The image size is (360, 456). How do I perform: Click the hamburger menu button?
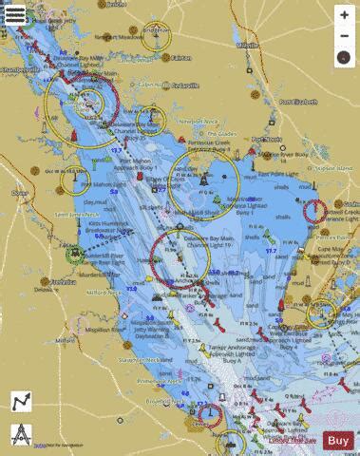point(15,15)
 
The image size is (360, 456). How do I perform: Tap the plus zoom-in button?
point(343,15)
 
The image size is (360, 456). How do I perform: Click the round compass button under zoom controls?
point(343,57)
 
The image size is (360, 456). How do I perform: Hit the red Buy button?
point(338,440)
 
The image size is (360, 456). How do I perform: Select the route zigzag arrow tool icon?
point(21,403)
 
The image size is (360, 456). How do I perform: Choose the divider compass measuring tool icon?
point(21,435)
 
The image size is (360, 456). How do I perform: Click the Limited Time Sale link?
point(293,440)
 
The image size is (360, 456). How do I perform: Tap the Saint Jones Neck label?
point(76,215)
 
